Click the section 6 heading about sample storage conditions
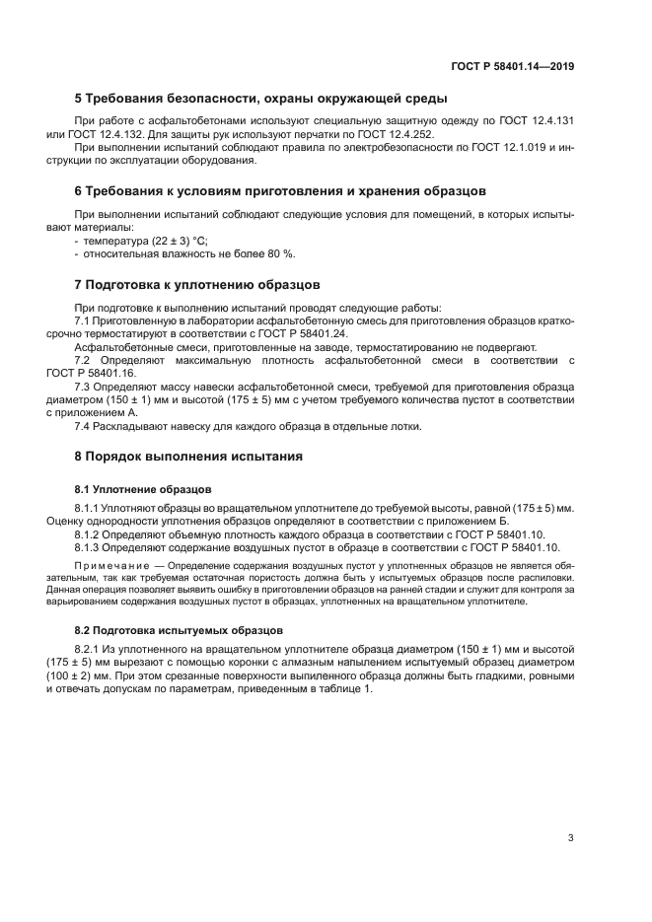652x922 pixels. click(280, 189)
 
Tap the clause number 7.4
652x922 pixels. click(85, 426)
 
